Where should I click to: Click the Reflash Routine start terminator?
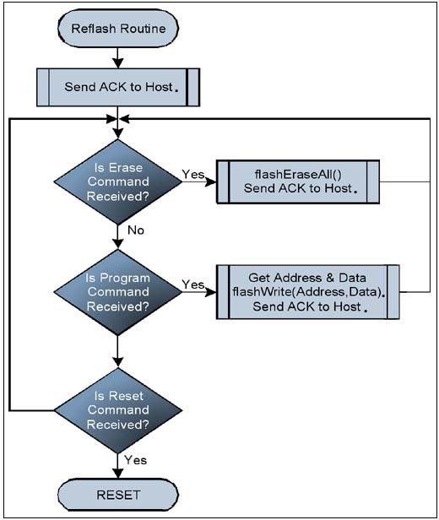[117, 29]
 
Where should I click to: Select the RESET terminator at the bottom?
[117, 493]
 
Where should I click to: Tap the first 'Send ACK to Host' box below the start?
[119, 86]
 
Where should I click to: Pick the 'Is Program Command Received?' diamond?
[118, 292]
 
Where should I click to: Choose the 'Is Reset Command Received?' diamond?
[118, 410]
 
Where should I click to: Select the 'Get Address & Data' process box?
[306, 292]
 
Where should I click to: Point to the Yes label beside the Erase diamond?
[192, 173]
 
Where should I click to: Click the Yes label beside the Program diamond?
[192, 284]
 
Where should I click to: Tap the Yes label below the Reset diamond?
[135, 460]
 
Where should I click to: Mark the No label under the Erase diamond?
[134, 230]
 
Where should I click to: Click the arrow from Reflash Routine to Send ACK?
[118, 55]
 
